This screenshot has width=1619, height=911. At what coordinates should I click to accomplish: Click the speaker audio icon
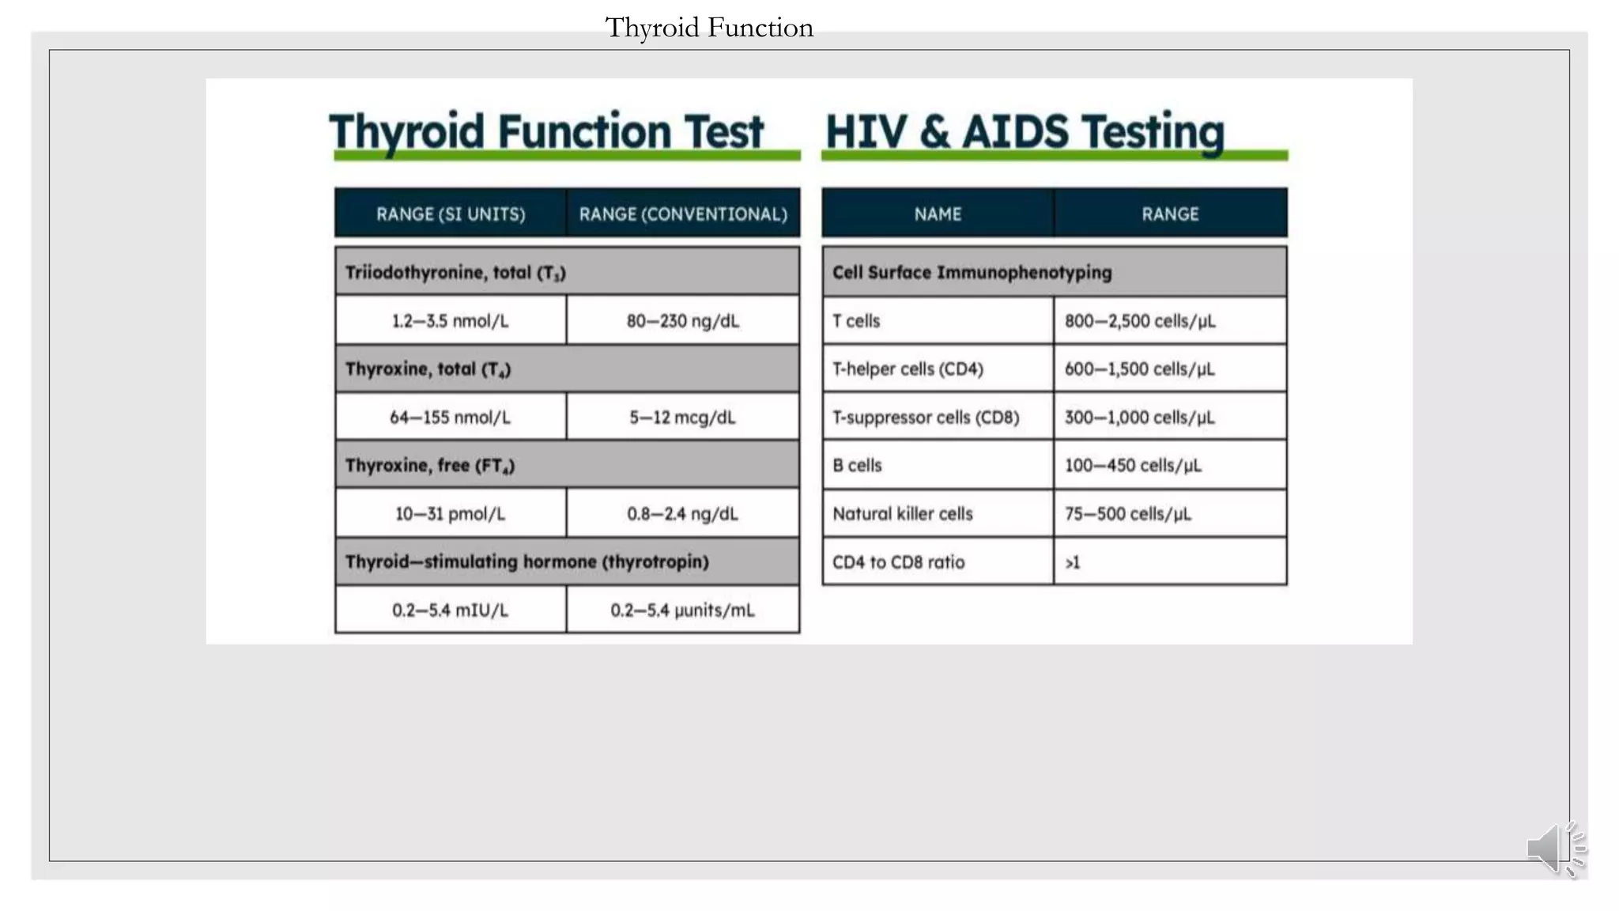[x=1555, y=849]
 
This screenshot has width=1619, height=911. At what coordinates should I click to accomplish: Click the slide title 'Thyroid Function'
[x=708, y=28]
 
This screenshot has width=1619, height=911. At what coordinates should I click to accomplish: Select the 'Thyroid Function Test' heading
[x=546, y=131]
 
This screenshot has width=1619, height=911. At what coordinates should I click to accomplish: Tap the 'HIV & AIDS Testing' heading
[x=1025, y=131]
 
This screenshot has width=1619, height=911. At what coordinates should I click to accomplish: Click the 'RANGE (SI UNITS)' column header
[x=451, y=214]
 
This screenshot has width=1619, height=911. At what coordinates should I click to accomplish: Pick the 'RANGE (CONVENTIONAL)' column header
[x=683, y=214]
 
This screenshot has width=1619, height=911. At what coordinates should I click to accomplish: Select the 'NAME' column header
[x=938, y=214]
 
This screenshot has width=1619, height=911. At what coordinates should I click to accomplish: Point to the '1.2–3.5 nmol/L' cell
[x=451, y=321]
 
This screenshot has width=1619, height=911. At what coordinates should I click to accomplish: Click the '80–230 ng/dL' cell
[x=683, y=321]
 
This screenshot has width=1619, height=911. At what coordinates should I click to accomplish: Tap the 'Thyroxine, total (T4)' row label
[x=428, y=369]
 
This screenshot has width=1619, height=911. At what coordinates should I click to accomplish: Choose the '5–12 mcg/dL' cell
[x=683, y=418]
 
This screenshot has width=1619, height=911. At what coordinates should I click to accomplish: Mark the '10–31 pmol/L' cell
[x=451, y=514]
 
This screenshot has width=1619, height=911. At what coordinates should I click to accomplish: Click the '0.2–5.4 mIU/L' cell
[x=451, y=610]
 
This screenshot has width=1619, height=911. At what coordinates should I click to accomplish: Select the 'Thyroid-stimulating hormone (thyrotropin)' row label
[x=526, y=561]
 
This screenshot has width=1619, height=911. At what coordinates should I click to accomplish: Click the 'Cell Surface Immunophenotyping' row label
[x=972, y=273]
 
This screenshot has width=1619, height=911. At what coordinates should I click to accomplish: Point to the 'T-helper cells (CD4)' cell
[x=908, y=369]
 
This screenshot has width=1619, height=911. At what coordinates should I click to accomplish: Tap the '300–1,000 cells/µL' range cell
[x=1139, y=418]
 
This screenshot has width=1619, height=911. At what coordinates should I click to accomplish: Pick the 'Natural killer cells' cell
[x=902, y=514]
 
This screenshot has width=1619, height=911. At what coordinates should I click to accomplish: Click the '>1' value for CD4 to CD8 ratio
[x=1073, y=562]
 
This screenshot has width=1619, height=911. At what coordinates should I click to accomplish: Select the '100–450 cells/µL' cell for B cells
[x=1133, y=466]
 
